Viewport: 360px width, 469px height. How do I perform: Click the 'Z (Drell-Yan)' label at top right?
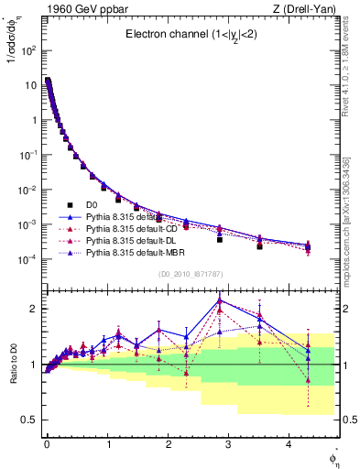click(309, 9)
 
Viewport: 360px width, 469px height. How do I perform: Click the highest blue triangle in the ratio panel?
click(220, 300)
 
